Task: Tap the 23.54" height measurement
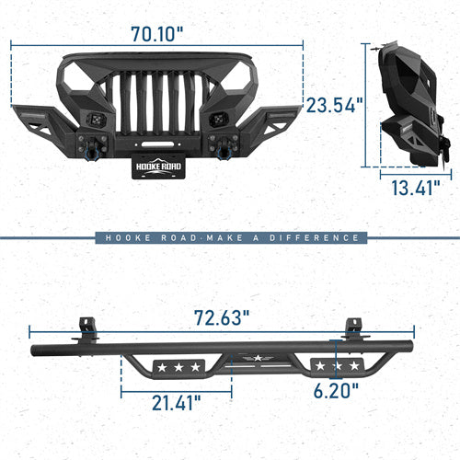tap(334, 104)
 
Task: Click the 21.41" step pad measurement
tap(178, 401)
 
